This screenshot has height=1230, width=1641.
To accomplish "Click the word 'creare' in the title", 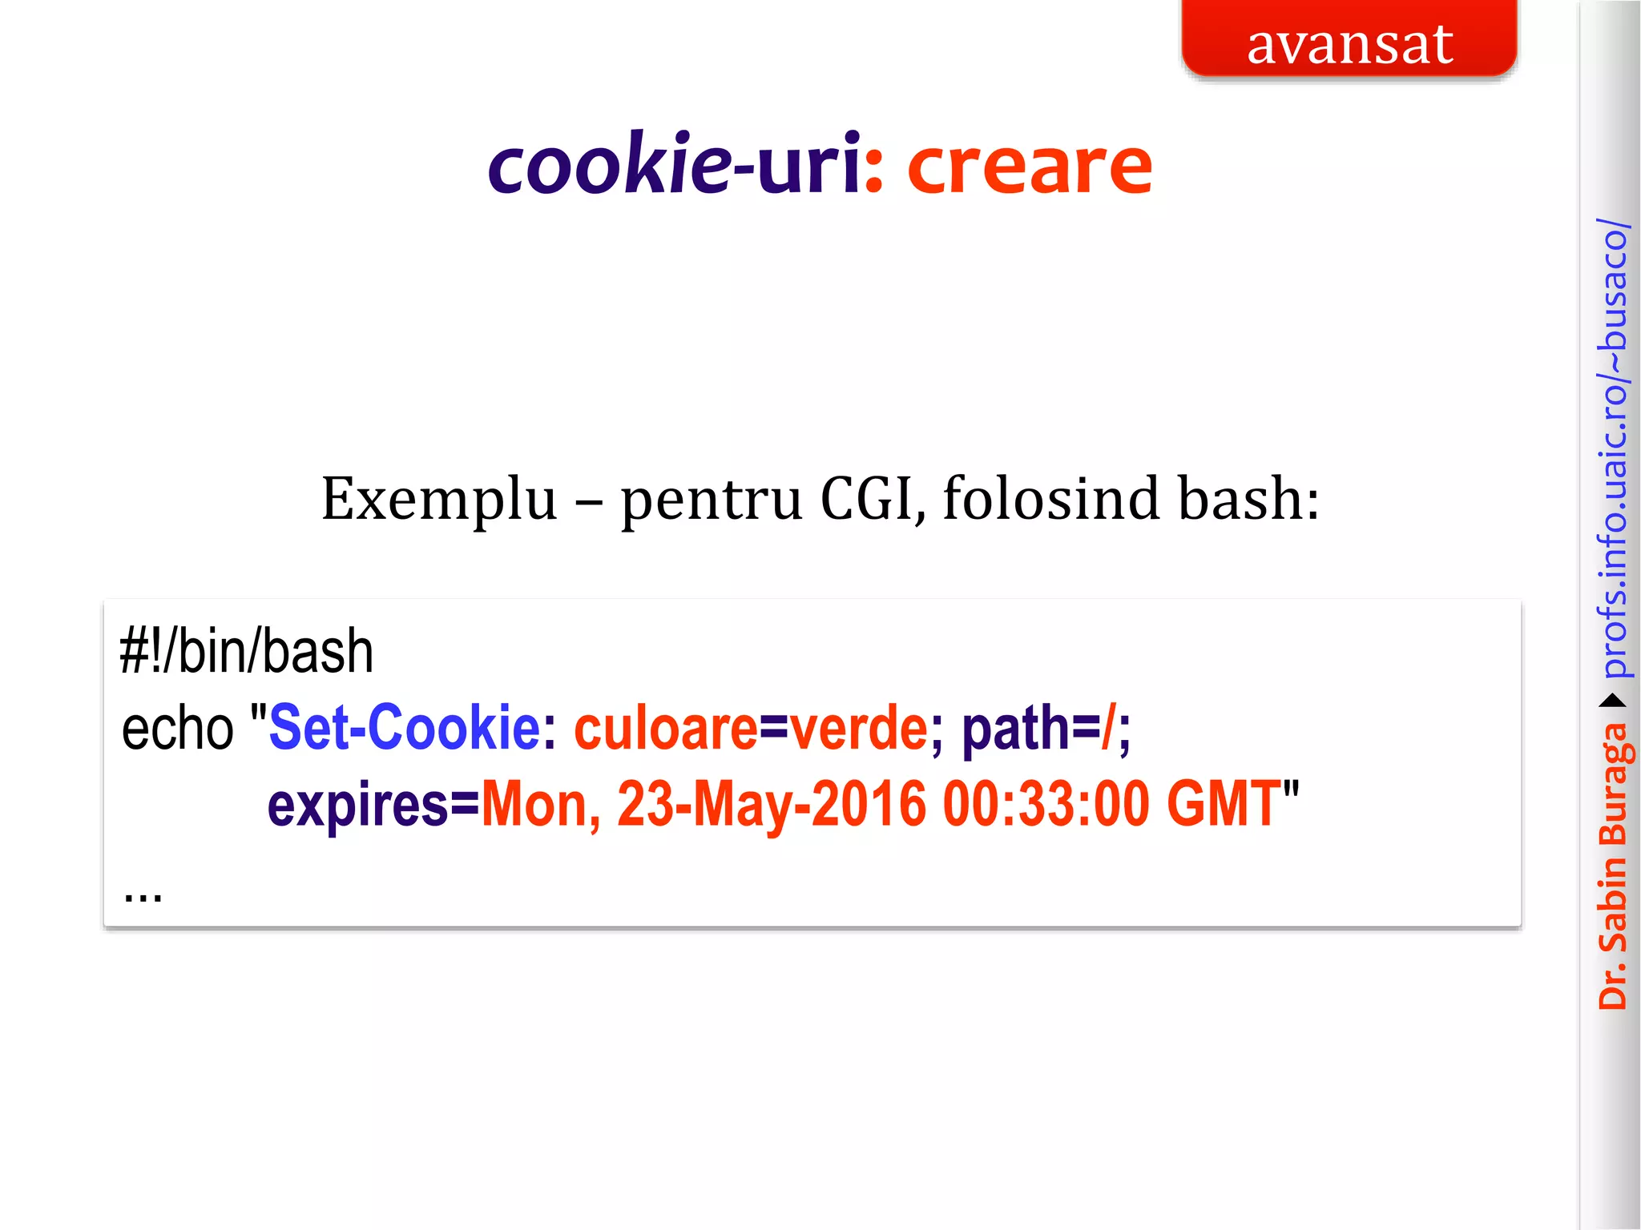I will [x=1030, y=166].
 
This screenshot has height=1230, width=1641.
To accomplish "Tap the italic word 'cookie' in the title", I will [x=609, y=166].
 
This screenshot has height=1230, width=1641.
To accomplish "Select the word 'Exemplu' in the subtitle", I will [x=439, y=499].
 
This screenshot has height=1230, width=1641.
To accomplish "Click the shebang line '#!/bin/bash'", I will [x=247, y=651].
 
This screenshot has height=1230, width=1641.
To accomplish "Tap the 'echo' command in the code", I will [x=177, y=729].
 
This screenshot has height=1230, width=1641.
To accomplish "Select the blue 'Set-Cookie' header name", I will [x=405, y=727].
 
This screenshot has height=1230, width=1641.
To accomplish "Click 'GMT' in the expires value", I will [x=1223, y=804].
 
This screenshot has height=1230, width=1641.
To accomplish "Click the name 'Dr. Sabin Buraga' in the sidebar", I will [x=1613, y=865].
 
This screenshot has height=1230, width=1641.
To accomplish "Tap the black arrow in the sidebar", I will [x=1613, y=701].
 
